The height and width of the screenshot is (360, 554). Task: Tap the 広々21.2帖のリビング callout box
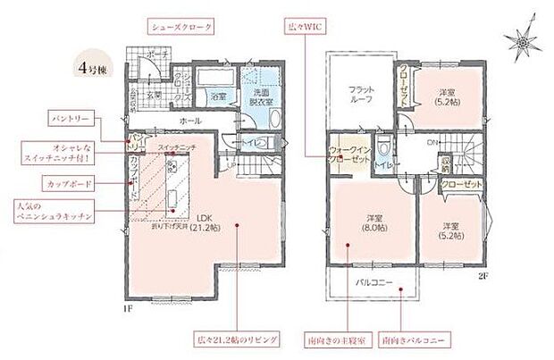(x=237, y=340)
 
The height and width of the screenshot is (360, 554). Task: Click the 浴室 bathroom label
(x=218, y=96)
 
